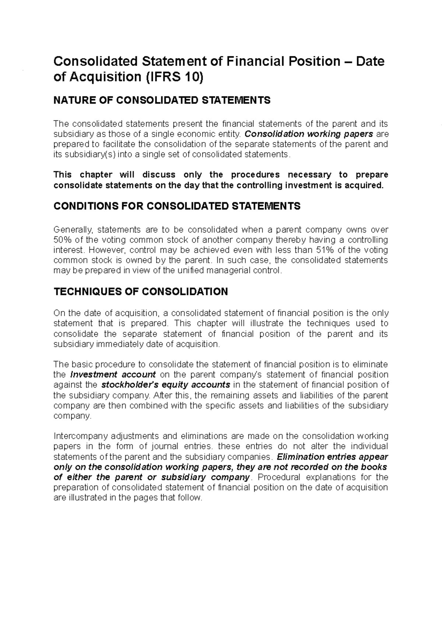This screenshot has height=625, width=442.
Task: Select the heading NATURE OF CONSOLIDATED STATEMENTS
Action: pyautogui.click(x=162, y=100)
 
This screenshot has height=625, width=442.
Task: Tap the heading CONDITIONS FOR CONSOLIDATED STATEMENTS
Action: pyautogui.click(x=177, y=206)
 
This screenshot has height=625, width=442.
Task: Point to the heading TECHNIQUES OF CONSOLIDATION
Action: pyautogui.click(x=141, y=292)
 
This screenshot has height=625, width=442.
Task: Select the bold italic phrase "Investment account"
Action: pyautogui.click(x=113, y=375)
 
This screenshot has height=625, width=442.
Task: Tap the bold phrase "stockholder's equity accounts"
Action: pyautogui.click(x=165, y=385)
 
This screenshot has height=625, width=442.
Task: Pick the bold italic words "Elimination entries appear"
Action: pyautogui.click(x=332, y=457)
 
